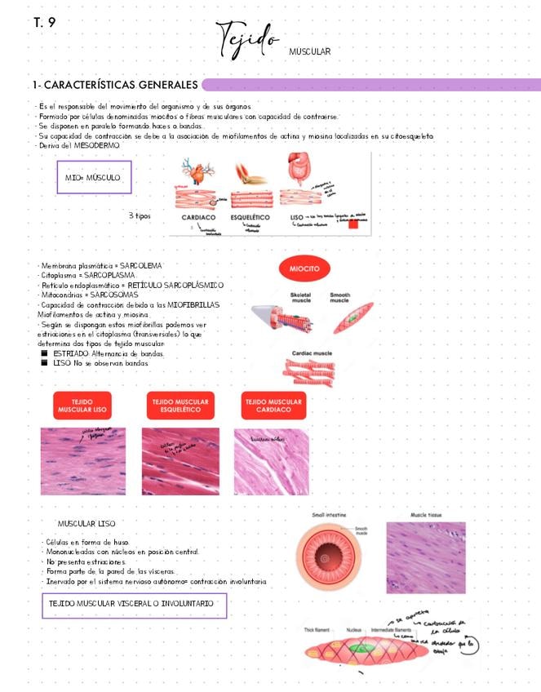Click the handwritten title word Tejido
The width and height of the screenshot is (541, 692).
[x=246, y=38]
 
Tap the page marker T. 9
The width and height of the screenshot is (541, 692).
[x=45, y=22]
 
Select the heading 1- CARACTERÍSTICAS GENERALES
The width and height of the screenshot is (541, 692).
[x=114, y=85]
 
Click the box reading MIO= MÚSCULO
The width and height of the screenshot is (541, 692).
[x=93, y=177]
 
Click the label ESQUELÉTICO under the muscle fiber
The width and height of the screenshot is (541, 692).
[x=251, y=218]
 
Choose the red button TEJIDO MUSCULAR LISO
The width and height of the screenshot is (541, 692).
[x=82, y=405]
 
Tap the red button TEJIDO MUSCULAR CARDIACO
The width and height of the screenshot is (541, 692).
[x=274, y=405]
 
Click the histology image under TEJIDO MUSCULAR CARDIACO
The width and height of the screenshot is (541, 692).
[x=272, y=462]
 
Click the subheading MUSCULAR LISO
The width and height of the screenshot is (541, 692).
[x=86, y=523]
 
